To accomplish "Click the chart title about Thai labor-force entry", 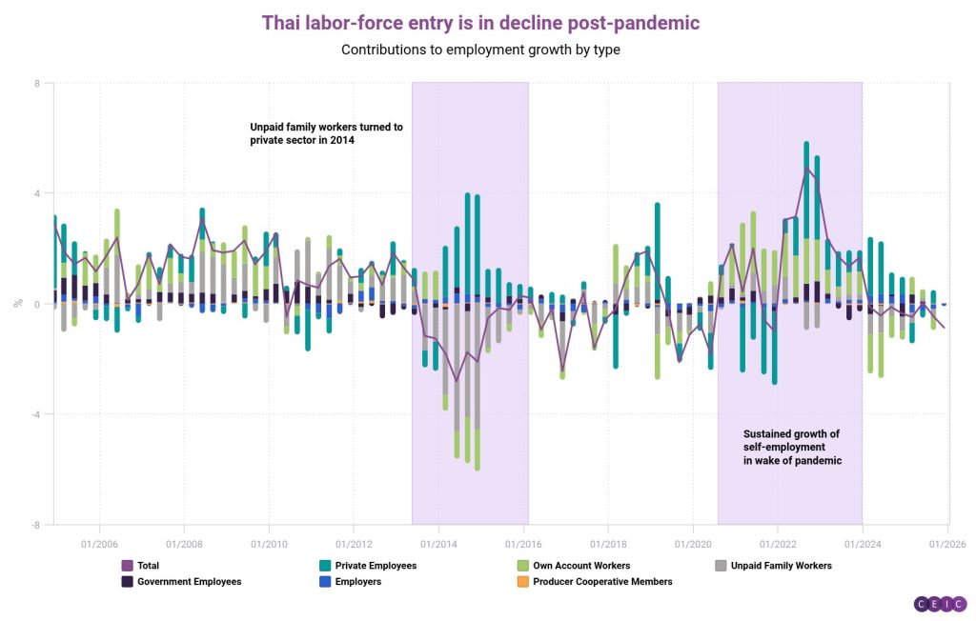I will (480, 22).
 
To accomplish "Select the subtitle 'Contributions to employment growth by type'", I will (480, 50).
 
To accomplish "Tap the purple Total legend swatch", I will (127, 566).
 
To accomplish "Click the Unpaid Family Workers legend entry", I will (773, 566).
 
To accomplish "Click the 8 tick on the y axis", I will (36, 84).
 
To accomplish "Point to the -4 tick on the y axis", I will (35, 414).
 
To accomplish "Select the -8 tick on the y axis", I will (35, 525).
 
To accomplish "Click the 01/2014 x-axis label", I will (437, 544).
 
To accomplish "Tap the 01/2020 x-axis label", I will (693, 544).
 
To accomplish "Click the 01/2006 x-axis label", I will (98, 544).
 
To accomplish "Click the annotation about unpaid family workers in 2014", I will (326, 133).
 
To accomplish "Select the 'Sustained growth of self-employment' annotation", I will (792, 448).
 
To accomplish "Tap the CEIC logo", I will (940, 604).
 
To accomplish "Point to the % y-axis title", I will (17, 304).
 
